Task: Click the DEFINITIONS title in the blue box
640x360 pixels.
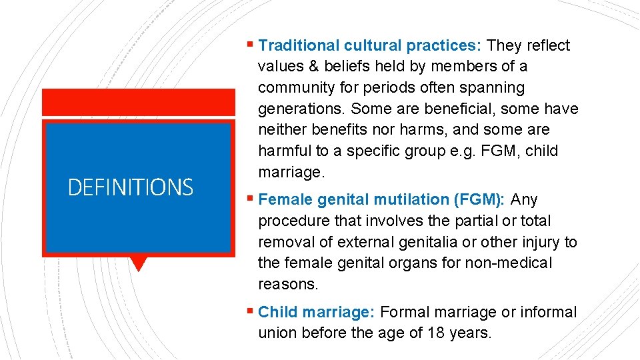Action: click(x=131, y=187)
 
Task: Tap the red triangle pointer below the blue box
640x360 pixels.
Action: click(x=138, y=263)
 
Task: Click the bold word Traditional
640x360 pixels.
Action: click(x=299, y=45)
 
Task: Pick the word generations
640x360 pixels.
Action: click(x=301, y=109)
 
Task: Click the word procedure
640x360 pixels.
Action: click(x=291, y=221)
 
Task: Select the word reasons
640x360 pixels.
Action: click(x=287, y=284)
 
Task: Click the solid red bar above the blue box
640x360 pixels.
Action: click(x=139, y=102)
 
